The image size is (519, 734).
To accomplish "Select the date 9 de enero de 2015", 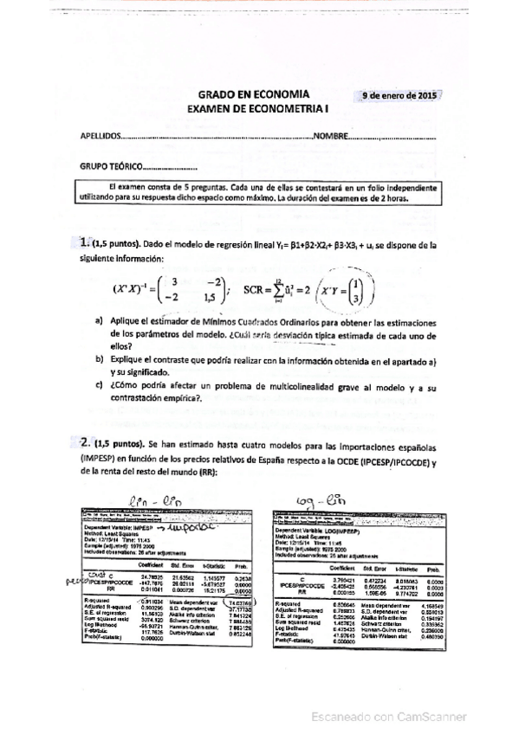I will [399, 96].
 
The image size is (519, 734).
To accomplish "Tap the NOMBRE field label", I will [331, 137].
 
